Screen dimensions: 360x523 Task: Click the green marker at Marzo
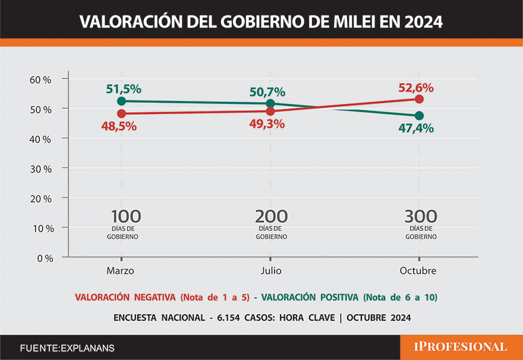point(121,101)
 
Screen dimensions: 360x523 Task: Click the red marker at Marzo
point(121,113)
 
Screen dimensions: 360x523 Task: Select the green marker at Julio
point(271,103)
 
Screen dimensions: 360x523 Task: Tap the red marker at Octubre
point(420,99)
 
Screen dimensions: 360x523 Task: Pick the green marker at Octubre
point(420,115)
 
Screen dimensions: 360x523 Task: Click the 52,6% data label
point(415,87)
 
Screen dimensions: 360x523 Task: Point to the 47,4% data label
point(415,128)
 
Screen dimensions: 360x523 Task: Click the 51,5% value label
point(124,89)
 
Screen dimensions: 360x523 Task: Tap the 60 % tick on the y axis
point(41,80)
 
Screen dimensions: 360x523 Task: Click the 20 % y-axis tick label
point(41,198)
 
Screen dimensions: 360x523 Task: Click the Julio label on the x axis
point(271,271)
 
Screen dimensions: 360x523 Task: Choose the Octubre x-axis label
point(418,271)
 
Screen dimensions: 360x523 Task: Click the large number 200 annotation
point(272,217)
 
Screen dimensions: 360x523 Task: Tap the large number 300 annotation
point(421,217)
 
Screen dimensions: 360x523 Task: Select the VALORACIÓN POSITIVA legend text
point(310,297)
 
